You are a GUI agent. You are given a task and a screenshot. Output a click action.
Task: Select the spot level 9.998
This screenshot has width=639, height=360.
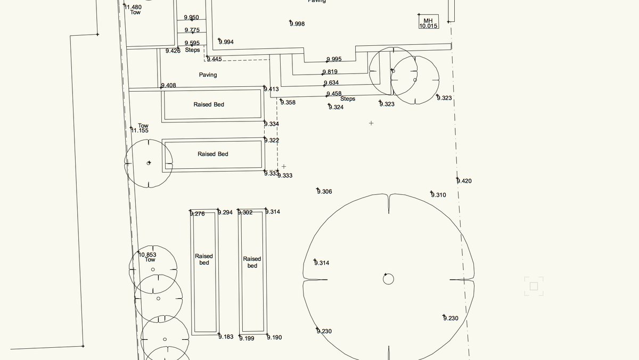tap(297, 23)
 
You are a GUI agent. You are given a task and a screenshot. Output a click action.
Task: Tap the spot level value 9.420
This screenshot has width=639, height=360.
tap(464, 181)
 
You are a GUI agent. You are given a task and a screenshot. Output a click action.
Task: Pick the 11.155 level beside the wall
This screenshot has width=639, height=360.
tap(140, 130)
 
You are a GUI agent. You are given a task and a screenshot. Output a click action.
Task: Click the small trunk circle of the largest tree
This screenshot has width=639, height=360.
tap(388, 279)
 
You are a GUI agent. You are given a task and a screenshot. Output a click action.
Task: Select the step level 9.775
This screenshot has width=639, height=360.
tap(192, 30)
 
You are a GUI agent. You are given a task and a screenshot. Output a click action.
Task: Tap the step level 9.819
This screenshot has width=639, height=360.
tap(330, 72)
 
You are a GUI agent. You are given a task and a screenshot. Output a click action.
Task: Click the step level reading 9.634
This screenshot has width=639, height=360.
tap(331, 83)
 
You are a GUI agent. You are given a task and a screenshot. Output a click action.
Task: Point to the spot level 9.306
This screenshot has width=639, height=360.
tap(324, 192)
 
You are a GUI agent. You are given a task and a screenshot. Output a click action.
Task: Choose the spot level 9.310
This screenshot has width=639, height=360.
tap(438, 195)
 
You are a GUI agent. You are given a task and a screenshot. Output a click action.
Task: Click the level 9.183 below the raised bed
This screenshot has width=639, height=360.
tap(226, 337)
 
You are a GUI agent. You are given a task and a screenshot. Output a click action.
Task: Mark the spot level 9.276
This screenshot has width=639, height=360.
tap(197, 214)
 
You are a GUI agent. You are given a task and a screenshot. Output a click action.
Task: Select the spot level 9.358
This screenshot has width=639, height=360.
tap(288, 102)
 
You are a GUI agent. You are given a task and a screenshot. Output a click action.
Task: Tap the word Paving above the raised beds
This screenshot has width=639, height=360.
tap(208, 75)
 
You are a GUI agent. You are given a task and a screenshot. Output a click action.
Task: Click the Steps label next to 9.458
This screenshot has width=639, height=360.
tap(347, 99)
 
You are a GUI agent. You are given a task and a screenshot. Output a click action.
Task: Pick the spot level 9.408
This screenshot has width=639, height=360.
tap(168, 85)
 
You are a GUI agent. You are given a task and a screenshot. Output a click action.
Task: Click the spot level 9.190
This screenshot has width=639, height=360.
tap(274, 338)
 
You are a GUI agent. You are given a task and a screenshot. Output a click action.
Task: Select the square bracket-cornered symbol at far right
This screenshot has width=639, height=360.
tap(534, 286)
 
